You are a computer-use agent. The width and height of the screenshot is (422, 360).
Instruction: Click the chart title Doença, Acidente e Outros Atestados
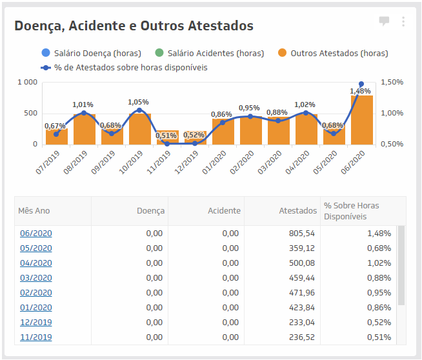pos(134,26)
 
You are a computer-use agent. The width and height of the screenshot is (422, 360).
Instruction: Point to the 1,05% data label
pos(138,102)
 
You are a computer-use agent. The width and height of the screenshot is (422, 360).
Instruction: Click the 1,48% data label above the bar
pos(360,92)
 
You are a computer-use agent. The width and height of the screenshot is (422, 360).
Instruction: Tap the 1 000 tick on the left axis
pos(28,83)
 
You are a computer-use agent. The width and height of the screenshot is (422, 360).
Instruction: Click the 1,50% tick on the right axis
pos(392,83)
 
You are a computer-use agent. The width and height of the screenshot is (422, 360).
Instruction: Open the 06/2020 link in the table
pos(36,233)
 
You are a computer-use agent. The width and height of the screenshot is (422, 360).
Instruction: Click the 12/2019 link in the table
pos(36,322)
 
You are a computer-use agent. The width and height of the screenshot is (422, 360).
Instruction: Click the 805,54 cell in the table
pos(301,233)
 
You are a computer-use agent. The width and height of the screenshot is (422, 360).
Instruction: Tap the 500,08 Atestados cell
pos(301,263)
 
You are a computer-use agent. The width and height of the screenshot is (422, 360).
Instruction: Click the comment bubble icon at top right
pos(384,21)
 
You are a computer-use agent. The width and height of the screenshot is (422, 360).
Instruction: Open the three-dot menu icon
pos(403,21)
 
